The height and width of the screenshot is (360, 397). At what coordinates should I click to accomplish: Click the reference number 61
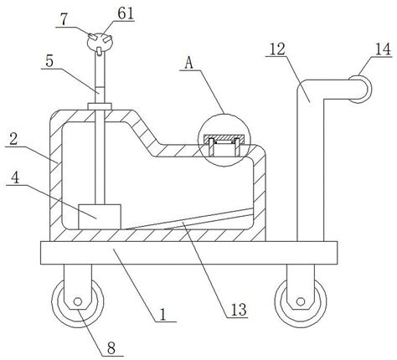[x=126, y=13]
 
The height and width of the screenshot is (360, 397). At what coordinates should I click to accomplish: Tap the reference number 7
[x=64, y=20]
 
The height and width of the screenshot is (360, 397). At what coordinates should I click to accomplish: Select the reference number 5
[x=49, y=61]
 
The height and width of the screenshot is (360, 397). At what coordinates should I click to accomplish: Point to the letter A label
[x=189, y=64]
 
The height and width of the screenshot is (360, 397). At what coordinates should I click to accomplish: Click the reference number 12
[x=277, y=49]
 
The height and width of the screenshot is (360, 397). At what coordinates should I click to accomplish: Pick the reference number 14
[x=383, y=49]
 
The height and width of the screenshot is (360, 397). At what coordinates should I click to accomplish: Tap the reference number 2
[x=13, y=139]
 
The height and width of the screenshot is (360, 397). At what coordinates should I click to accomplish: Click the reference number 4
[x=16, y=177]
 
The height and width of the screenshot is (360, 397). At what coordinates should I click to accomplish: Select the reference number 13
[x=239, y=309]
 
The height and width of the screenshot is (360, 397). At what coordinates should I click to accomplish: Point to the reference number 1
[x=163, y=315]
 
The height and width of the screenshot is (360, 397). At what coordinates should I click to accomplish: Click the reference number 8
[x=111, y=348]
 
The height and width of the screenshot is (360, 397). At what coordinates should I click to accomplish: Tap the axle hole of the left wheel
[x=78, y=301]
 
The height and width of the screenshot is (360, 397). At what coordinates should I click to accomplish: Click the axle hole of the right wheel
[x=301, y=301]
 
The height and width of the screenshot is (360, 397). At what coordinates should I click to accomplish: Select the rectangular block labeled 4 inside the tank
[x=100, y=217]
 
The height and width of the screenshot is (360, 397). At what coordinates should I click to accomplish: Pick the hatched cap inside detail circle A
[x=224, y=137]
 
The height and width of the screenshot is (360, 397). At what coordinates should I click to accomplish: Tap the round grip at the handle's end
[x=363, y=90]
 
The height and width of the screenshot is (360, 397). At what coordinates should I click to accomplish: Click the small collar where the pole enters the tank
[x=100, y=106]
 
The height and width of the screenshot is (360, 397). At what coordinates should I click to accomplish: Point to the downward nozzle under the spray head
[x=99, y=52]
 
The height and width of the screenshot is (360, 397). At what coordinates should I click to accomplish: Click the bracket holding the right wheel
[x=301, y=286]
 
